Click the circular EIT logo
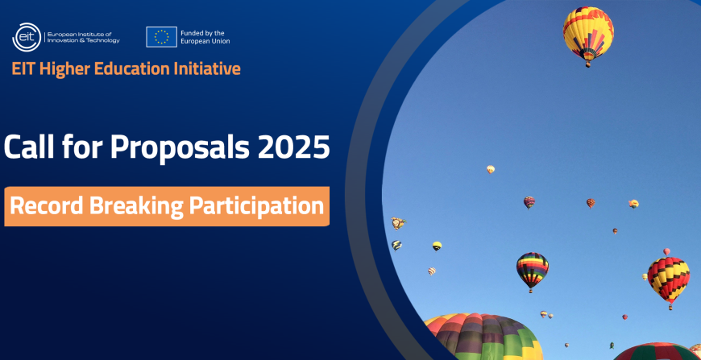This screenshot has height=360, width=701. (27, 37)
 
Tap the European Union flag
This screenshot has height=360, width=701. (161, 36)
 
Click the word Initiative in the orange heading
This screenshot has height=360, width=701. (207, 68)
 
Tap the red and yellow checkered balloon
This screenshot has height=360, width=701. (669, 278)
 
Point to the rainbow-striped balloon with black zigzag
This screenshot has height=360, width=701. (532, 268)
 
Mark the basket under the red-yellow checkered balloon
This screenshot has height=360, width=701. (670, 307)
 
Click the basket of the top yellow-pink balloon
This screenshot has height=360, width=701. (588, 64)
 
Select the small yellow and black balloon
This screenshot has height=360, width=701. (437, 246)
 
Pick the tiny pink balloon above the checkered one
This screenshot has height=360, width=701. (666, 252)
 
